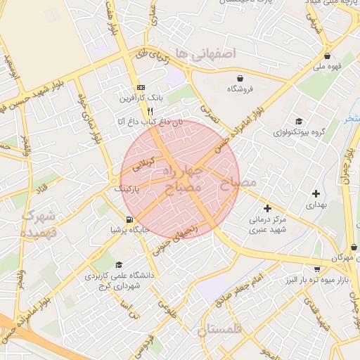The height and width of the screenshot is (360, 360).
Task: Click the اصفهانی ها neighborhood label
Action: point(205,53)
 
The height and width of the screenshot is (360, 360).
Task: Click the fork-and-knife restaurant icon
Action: point(150,111)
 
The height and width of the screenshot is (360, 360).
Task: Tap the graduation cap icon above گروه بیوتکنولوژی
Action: point(298,121)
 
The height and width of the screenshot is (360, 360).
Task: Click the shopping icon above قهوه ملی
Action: point(327,56)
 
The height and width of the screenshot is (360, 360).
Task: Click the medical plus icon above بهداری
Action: point(316,193)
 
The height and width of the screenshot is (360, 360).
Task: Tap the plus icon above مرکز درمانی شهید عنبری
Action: point(267,208)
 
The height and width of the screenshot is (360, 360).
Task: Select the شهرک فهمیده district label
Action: point(39,223)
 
